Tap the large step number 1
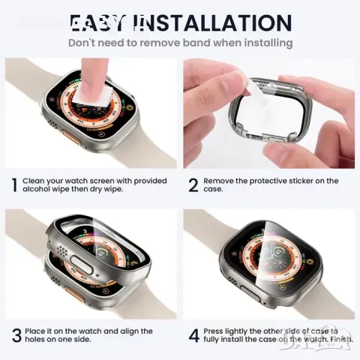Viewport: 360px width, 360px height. tap(13, 184)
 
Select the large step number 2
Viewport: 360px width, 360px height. tap(193, 184)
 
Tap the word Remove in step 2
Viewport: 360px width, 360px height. tap(224, 181)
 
